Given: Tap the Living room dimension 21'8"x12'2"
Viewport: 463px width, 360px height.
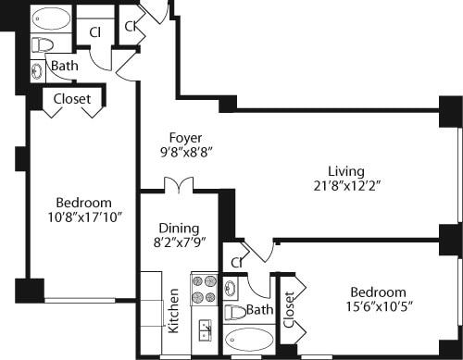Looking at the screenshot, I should tap(345, 185).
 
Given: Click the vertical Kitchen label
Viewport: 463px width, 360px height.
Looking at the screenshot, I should tap(173, 312).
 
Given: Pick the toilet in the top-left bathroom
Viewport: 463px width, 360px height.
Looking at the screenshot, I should tap(43, 44).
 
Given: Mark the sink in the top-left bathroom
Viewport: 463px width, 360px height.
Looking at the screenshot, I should tap(37, 68).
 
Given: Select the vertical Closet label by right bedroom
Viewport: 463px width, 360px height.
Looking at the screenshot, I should tap(289, 310).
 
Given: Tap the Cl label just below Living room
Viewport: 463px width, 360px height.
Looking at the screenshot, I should tap(237, 263).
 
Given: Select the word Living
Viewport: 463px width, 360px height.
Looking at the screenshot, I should tap(345, 170).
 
